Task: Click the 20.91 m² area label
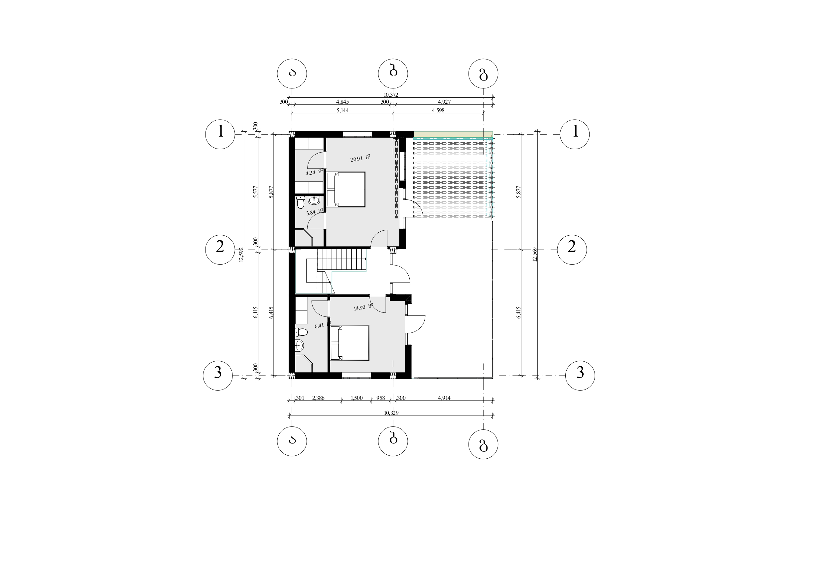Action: tap(360, 158)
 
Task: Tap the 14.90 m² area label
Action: tap(363, 307)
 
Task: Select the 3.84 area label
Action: tap(315, 212)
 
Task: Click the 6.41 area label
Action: tap(322, 325)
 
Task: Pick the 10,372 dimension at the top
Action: tap(391, 95)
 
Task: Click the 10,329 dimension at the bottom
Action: tap(391, 413)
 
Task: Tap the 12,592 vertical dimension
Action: tap(241, 255)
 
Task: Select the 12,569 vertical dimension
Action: tap(535, 255)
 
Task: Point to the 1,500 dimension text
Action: tap(356, 398)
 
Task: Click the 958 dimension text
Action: tap(380, 398)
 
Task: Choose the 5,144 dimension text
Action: tap(343, 110)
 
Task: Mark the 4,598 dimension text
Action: tap(438, 110)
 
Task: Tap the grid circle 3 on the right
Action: tap(580, 376)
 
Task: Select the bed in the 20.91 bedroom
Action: tap(346, 189)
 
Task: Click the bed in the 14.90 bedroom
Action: tap(349, 343)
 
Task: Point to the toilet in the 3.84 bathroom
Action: tap(300, 203)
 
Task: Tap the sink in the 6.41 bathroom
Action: tap(299, 346)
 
